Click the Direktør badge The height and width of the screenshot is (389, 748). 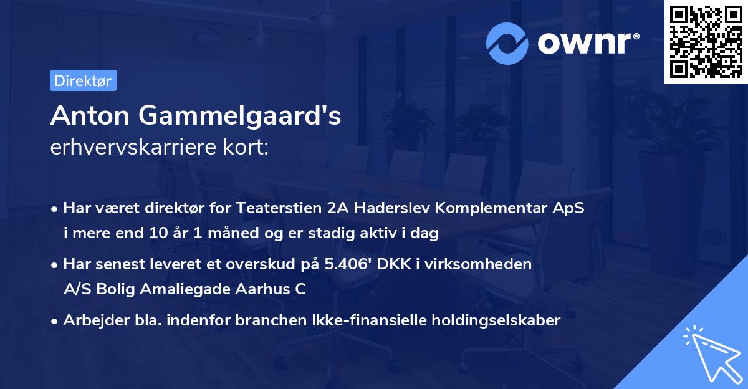(x=83, y=80)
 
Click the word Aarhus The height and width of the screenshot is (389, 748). (x=262, y=289)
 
